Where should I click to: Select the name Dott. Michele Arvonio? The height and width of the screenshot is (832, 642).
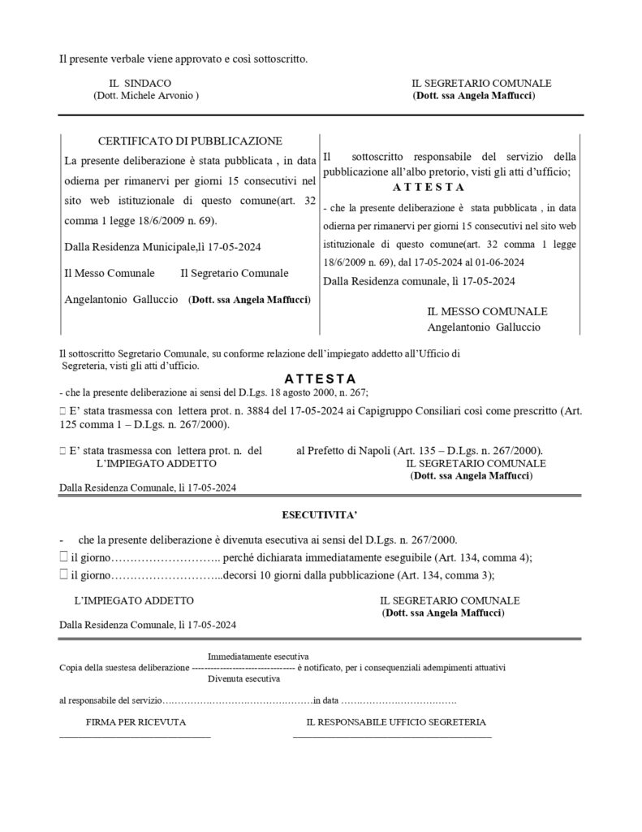145,96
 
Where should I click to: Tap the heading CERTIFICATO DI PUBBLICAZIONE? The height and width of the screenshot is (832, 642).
190,141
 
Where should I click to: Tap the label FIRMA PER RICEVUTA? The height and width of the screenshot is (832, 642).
136,721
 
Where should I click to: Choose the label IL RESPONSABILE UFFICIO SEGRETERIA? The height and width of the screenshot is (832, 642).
396,721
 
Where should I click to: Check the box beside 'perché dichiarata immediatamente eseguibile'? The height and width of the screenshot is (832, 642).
63,557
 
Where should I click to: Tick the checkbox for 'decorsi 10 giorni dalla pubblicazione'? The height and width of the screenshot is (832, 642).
63,574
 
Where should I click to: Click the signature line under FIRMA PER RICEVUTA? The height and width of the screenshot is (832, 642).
135,736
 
